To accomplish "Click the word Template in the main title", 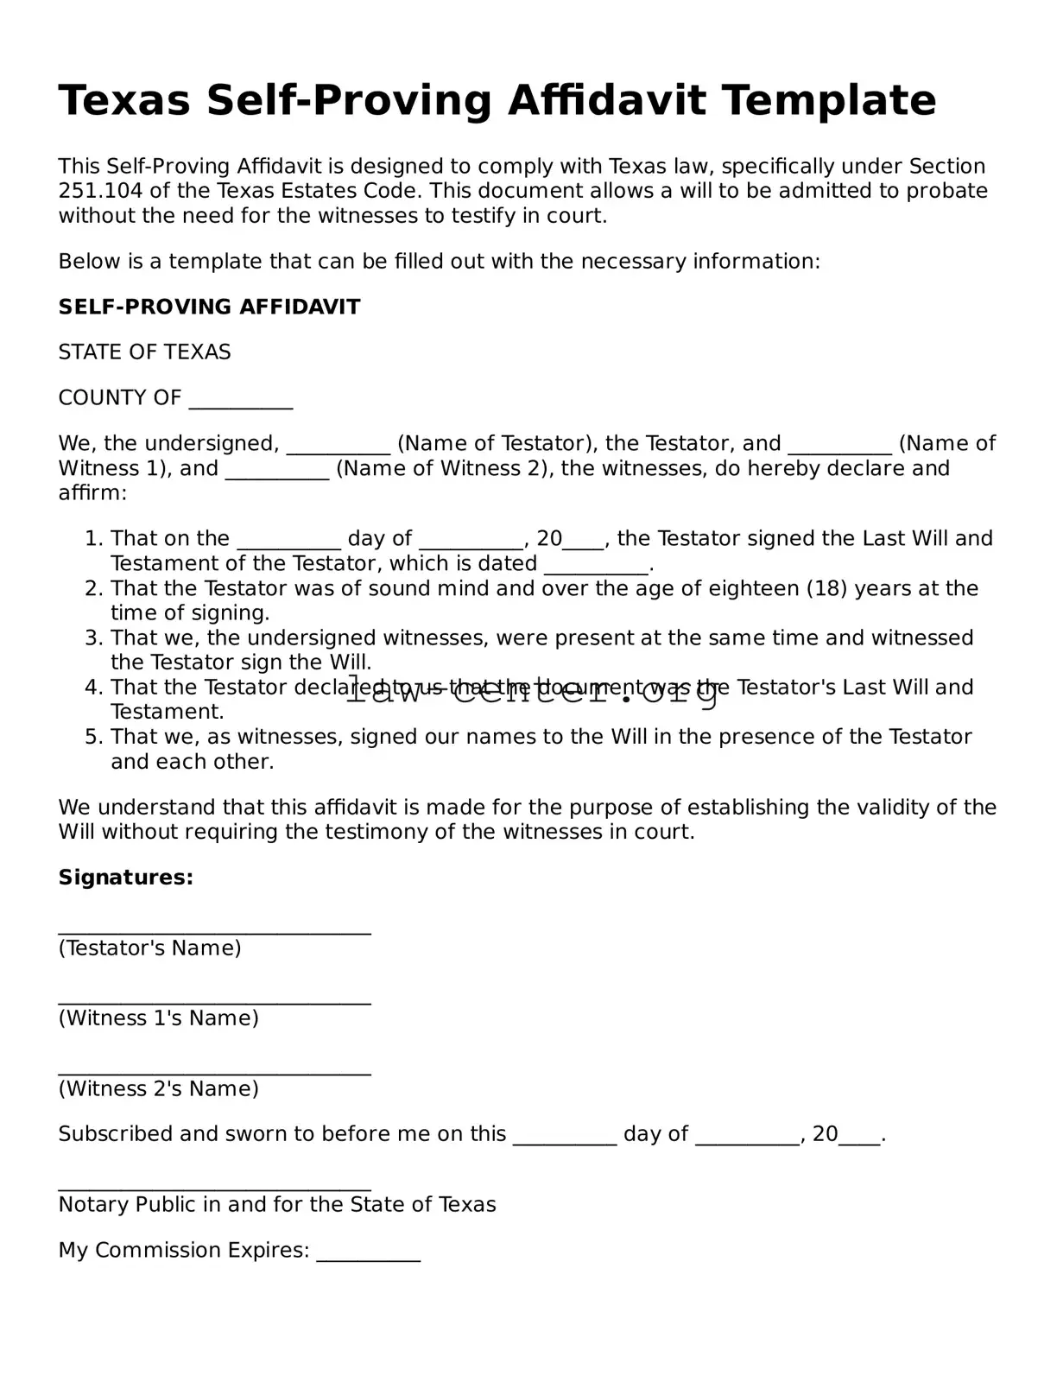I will tap(828, 100).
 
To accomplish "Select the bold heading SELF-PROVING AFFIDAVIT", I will tap(209, 307).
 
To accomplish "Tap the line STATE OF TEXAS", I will tap(144, 352).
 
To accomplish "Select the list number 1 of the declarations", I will tap(93, 539).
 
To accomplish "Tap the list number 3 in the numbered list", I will tap(93, 638).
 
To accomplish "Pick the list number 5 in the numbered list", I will tap(93, 737).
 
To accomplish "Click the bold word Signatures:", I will tap(126, 878).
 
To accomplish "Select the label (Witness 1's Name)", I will tap(158, 1018).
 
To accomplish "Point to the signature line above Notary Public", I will tap(214, 1189).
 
